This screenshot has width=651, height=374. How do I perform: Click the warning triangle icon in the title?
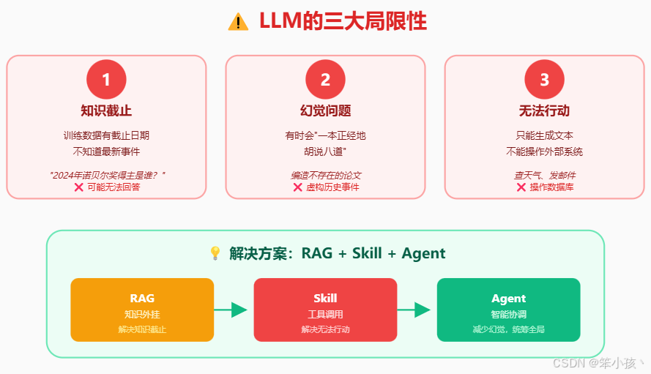239,22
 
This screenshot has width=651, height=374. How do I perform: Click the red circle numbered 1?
106,79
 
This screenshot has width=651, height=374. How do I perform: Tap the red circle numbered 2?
325,79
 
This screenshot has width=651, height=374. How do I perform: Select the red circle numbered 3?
544,79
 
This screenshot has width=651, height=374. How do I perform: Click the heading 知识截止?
106,111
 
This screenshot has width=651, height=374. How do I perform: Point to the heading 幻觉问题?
325,111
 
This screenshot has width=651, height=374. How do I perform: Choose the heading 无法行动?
544,111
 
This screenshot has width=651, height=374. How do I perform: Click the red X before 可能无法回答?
78,187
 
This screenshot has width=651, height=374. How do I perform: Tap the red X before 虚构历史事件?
297,187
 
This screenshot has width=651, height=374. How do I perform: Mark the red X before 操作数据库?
521,187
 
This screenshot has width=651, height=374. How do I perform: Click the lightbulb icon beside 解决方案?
215,253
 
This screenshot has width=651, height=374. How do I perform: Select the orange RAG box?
142,310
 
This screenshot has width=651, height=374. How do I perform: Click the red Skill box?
325,310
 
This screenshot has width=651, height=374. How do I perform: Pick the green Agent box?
508,310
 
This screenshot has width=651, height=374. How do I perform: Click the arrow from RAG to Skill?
233,310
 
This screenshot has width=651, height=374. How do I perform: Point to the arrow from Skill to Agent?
416,310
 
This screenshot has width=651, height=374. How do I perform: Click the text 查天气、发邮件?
544,176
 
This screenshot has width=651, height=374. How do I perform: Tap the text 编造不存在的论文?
325,176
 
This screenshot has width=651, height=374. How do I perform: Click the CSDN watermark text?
598,362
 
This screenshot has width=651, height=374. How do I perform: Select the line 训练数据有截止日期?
106,135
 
